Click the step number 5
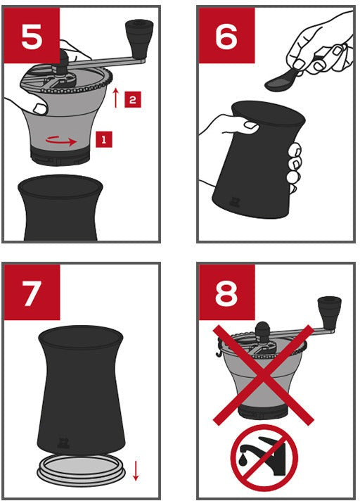point(32,36)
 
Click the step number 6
point(226,36)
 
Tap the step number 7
point(31,293)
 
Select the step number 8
point(226,293)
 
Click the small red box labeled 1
point(104,139)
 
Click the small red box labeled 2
point(132,99)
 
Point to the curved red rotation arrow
point(61,140)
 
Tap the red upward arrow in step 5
point(116,98)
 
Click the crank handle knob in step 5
point(139,32)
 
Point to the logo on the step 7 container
point(63,443)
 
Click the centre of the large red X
point(263,375)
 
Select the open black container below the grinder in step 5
point(60,208)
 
